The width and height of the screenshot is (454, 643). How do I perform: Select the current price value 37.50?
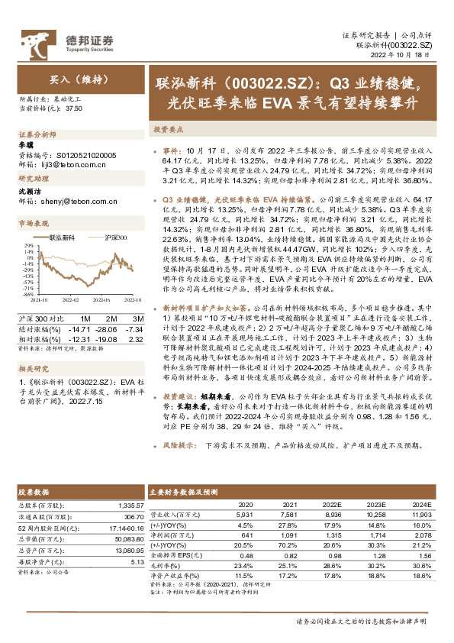click(74, 109)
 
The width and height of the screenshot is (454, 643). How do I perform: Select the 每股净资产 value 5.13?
click(137, 561)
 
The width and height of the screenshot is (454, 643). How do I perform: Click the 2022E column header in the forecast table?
click(330, 505)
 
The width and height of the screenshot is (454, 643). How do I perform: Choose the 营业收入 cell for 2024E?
click(421, 515)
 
